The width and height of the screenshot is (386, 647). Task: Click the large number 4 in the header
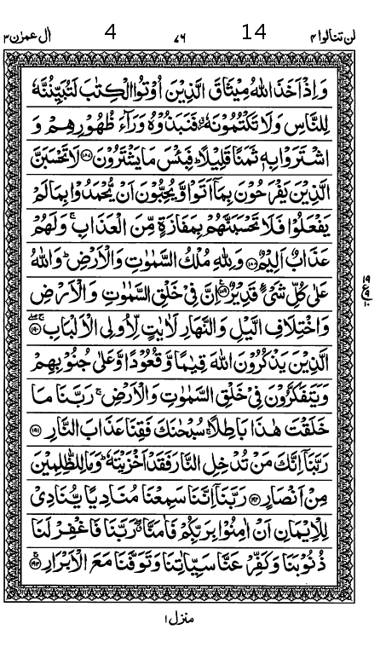tap(110, 33)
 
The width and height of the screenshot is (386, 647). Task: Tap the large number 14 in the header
tap(254, 32)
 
